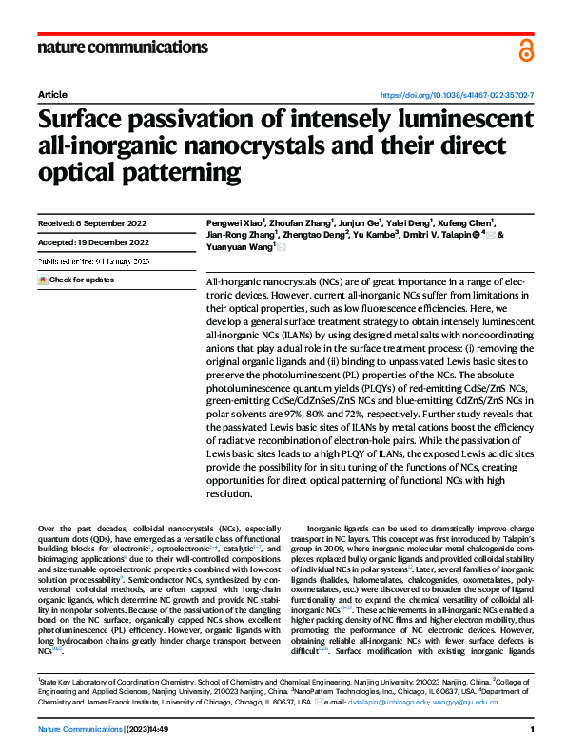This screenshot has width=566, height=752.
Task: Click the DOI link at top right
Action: [x=457, y=96]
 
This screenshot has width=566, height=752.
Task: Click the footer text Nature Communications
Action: [x=80, y=729]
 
